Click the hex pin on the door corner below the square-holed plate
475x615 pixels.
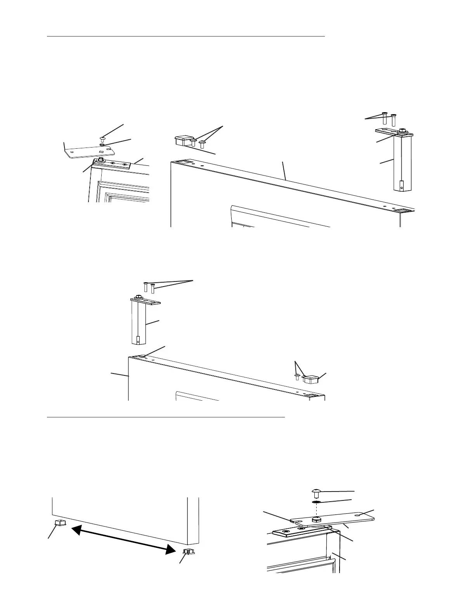[x=101, y=159]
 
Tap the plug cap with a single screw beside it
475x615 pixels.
[x=310, y=378]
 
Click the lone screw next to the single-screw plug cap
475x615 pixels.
[x=297, y=376]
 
